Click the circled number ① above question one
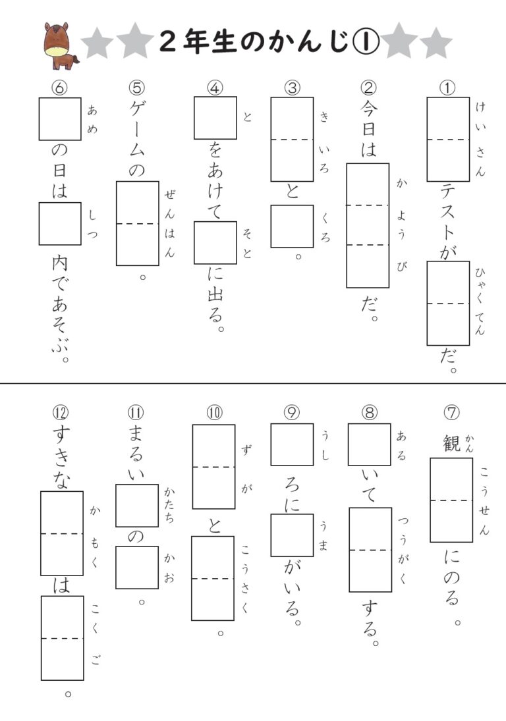point(447,87)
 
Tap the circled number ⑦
point(451,412)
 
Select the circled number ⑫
point(61,413)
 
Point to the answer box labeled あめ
point(60,119)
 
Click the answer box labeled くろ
point(292,226)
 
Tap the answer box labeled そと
point(215,242)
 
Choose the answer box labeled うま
point(292,535)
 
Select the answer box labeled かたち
point(137,505)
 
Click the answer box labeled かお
point(137,567)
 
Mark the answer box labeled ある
point(369,444)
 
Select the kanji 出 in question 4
point(215,294)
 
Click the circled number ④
point(215,87)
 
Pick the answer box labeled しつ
point(60,223)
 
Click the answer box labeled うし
point(292,444)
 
